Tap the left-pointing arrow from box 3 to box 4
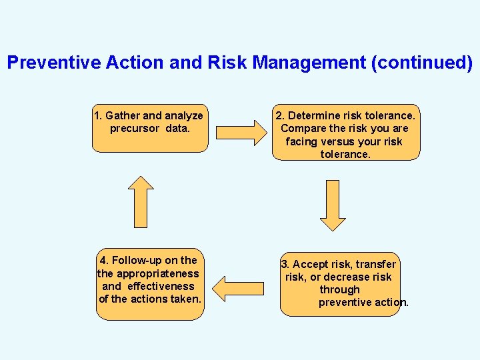tap(242, 288)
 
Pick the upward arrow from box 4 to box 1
tap(141, 202)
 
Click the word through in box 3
tap(339, 290)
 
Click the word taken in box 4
tap(185, 299)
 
